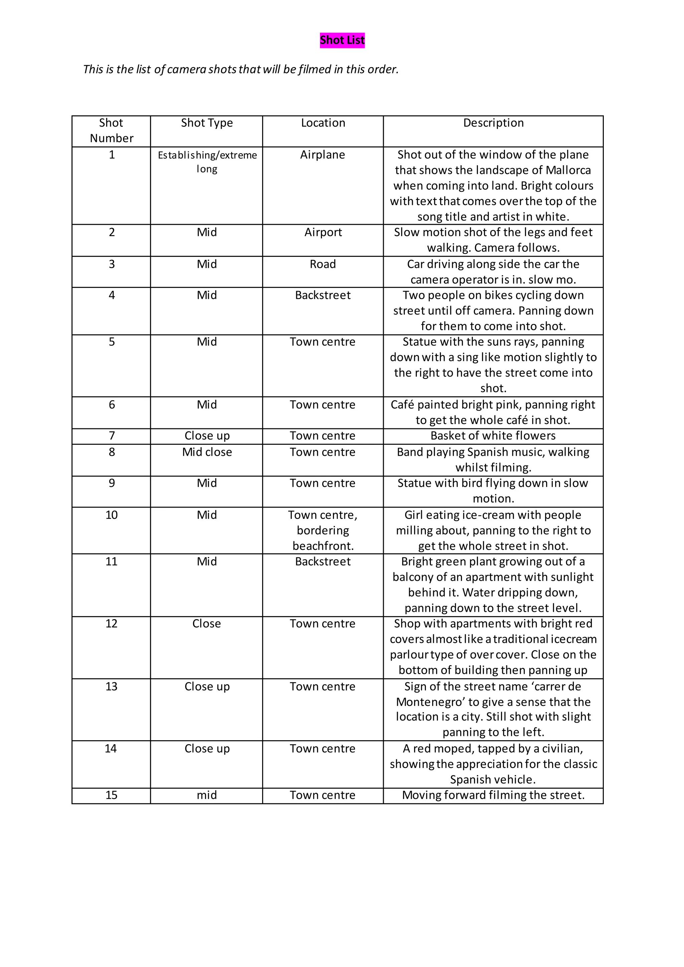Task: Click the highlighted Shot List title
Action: (342, 40)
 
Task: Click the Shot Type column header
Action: (206, 123)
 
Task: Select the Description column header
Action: (493, 123)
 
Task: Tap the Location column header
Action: (323, 123)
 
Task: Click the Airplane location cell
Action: (323, 155)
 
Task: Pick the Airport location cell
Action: (323, 232)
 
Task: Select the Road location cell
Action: (323, 264)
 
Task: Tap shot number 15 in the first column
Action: (111, 795)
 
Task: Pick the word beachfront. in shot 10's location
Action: (323, 546)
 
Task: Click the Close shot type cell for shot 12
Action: (206, 624)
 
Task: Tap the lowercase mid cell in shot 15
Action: (207, 795)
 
